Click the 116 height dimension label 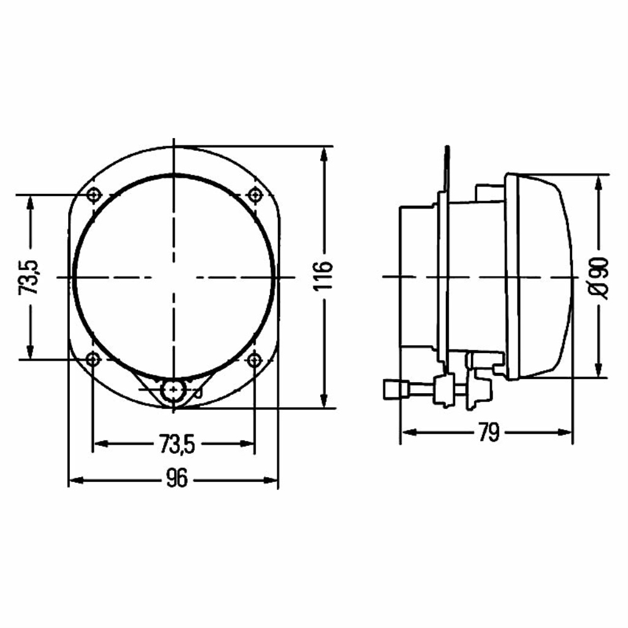(x=323, y=276)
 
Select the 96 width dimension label (x=176, y=478)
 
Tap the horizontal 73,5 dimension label (x=177, y=444)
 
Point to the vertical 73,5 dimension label (x=28, y=277)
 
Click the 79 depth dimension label (x=489, y=432)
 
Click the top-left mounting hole (x=94, y=196)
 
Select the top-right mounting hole (x=255, y=196)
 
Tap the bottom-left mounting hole (x=93, y=359)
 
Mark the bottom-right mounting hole (x=254, y=359)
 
